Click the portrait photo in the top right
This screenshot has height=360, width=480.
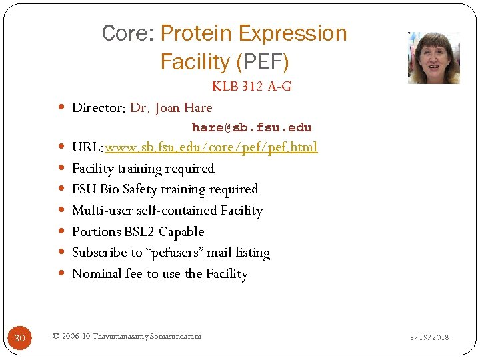point(433,57)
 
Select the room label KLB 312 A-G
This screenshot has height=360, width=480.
point(251,87)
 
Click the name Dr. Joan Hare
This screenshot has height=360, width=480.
point(171,108)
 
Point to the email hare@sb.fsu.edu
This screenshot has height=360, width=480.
point(251,127)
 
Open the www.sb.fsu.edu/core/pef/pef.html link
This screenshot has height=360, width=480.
point(211,147)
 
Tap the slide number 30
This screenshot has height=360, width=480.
point(19,339)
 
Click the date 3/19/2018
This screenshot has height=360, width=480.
point(429,337)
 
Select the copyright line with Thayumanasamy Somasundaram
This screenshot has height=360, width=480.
point(126,336)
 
